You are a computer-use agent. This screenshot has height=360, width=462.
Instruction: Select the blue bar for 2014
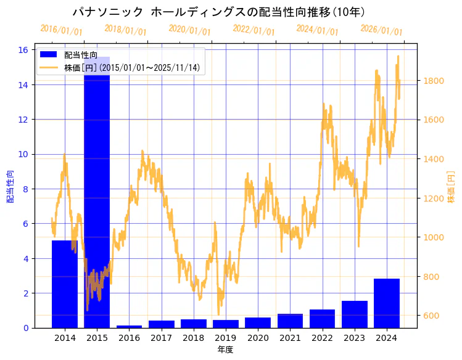(x=65, y=284)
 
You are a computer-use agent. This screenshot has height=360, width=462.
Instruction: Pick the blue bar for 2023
(x=355, y=314)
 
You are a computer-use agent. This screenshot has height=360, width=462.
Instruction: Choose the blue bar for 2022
(x=322, y=319)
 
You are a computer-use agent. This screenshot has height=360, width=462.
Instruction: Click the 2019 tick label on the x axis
(x=226, y=338)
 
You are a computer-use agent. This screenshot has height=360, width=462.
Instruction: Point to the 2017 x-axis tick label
(x=161, y=338)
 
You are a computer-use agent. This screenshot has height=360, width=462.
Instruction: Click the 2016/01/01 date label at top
(x=61, y=30)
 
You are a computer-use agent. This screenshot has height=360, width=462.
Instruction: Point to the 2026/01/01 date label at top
(x=381, y=30)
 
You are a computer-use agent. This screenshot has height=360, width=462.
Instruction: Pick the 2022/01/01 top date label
(x=254, y=30)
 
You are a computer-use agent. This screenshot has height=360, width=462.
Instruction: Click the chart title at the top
(x=219, y=12)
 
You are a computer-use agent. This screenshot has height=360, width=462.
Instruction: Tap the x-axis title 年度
(x=225, y=350)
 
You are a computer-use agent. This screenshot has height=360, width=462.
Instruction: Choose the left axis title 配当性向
(x=10, y=186)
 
